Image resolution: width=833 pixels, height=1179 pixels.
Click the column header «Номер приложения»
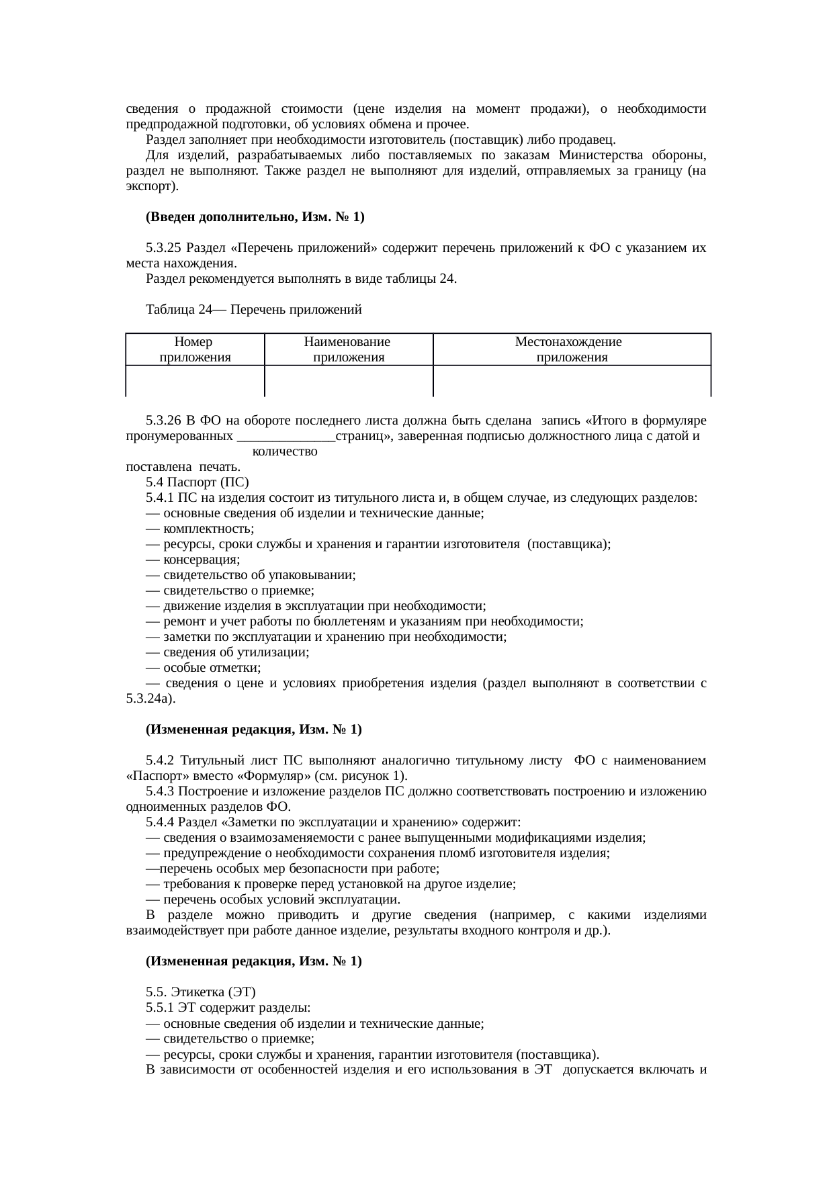point(195,349)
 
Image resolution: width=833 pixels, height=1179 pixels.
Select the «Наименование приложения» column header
point(348,349)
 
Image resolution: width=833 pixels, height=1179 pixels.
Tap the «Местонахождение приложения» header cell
point(571,349)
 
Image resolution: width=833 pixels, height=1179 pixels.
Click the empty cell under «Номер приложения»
point(195,381)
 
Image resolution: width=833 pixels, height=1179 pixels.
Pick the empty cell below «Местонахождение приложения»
point(571,381)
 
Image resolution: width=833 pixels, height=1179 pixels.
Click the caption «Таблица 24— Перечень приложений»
point(253,310)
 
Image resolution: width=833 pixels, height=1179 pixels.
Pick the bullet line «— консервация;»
point(193,560)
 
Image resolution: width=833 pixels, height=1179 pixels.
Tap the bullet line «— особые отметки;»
point(203,668)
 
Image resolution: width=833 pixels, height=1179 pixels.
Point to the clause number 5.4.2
point(160,760)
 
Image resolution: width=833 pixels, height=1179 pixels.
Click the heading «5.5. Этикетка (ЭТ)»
point(201,992)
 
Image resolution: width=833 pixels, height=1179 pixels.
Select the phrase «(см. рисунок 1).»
point(363,776)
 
